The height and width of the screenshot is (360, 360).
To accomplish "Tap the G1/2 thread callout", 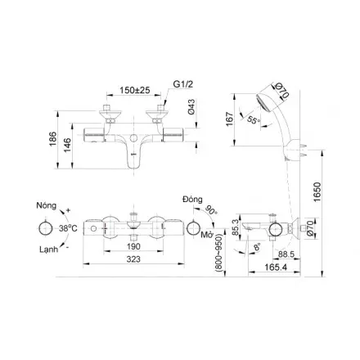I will [182, 84].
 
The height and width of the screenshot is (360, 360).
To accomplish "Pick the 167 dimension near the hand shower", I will [230, 119].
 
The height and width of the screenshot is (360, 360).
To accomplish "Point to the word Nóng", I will [47, 205].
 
